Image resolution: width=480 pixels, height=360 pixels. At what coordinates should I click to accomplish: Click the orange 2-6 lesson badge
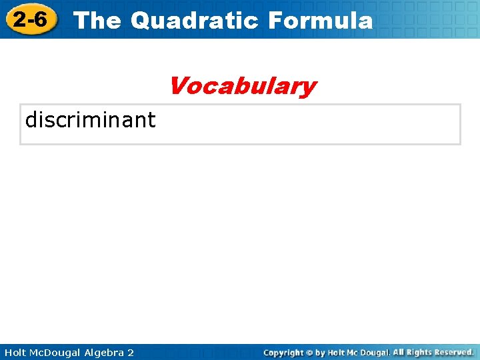(x=30, y=20)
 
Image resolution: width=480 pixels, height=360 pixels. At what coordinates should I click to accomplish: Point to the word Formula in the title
(x=320, y=21)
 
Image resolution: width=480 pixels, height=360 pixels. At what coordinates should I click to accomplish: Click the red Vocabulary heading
(x=242, y=86)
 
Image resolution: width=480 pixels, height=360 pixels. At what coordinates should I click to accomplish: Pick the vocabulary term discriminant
(x=90, y=120)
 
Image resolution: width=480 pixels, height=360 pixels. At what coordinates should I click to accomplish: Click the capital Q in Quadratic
(x=141, y=21)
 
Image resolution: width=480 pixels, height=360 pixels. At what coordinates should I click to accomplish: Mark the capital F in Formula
(x=275, y=21)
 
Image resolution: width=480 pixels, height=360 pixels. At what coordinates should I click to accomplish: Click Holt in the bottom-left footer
(x=15, y=352)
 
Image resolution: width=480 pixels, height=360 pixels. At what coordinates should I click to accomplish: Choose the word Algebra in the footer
(x=104, y=352)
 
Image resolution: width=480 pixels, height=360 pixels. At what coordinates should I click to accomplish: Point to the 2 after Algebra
(x=130, y=352)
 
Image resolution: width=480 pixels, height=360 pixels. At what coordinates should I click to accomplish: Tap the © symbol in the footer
(x=309, y=352)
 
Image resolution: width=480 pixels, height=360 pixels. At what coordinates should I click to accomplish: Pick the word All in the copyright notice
(x=400, y=352)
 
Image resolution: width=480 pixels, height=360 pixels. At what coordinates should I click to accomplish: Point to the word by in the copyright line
(x=320, y=352)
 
